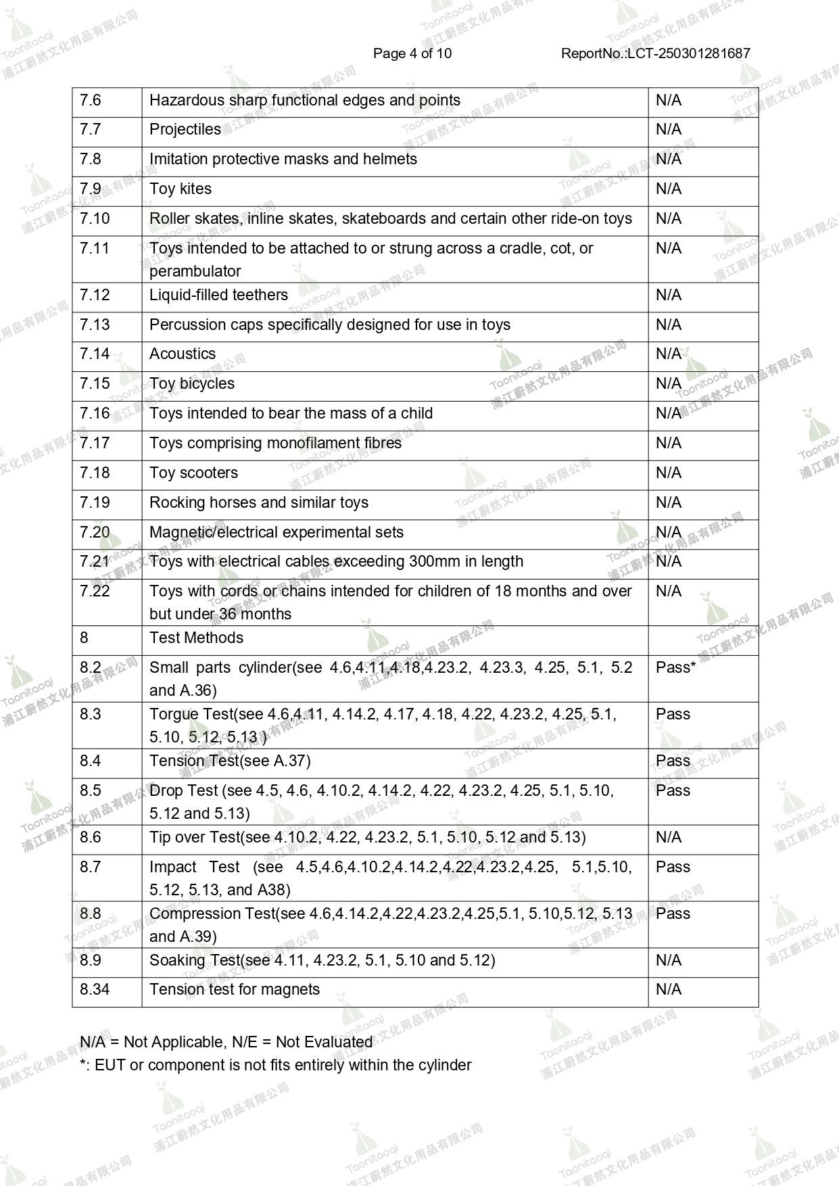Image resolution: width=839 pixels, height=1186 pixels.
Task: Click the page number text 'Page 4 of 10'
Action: click(x=412, y=53)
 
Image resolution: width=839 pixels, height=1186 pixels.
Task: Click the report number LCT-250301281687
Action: click(x=655, y=53)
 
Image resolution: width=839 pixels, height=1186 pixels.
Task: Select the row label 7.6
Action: click(x=91, y=100)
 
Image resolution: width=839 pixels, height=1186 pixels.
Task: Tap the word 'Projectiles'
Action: click(x=185, y=129)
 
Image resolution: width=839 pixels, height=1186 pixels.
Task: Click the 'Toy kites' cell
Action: click(x=181, y=189)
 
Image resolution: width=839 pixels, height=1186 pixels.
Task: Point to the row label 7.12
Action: click(x=95, y=295)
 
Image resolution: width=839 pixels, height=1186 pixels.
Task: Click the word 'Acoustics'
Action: click(x=183, y=354)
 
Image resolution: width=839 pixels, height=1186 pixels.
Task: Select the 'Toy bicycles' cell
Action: click(x=192, y=383)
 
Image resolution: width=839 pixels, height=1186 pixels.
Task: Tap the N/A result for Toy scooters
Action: click(x=668, y=473)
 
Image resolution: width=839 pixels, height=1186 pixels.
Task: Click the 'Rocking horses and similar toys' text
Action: click(x=259, y=502)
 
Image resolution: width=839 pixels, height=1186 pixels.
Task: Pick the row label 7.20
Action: click(x=95, y=532)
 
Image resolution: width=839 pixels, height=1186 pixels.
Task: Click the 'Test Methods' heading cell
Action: click(x=196, y=638)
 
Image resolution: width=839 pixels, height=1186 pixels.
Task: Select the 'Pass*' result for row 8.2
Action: click(x=675, y=667)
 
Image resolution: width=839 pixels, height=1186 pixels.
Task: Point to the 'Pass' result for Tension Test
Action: click(x=673, y=761)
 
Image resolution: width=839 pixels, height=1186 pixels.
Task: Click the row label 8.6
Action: click(x=91, y=837)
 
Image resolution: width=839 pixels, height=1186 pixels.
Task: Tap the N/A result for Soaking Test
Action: click(x=668, y=960)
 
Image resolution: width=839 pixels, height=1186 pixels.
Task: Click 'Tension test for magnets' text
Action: click(x=235, y=989)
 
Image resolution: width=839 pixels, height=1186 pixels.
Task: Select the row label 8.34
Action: click(x=95, y=989)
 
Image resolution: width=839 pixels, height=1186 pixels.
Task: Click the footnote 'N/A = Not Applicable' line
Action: click(x=226, y=1042)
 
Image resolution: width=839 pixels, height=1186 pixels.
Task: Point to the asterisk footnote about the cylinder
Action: click(x=276, y=1065)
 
